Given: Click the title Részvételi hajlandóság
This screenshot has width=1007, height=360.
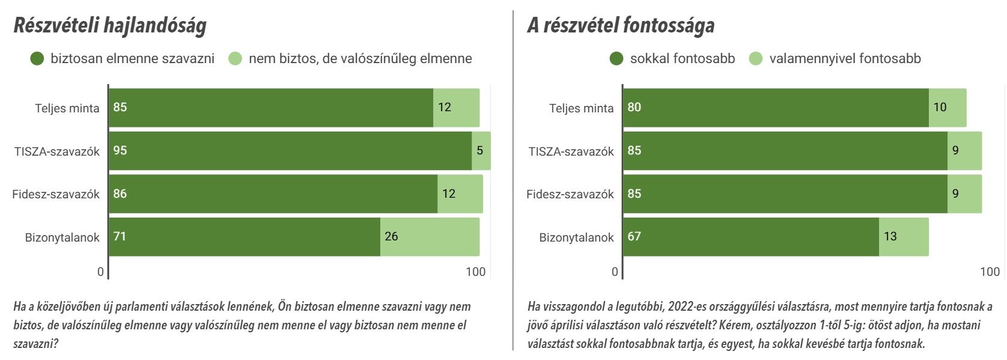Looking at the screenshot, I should (110, 26).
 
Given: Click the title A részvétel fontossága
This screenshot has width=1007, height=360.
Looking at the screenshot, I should (621, 26).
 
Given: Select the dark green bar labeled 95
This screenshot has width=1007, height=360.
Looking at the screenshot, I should (288, 151).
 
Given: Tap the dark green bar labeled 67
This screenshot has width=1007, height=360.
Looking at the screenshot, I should (751, 237).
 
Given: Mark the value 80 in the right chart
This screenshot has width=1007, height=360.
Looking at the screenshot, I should (634, 108).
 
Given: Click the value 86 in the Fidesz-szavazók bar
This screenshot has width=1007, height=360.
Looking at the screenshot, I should (120, 194).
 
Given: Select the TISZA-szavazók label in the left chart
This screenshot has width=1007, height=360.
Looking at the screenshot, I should (57, 151).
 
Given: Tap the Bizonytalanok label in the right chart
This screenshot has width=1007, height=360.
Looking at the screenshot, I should (576, 237).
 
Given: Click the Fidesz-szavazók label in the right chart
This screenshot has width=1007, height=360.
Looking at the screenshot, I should (570, 194).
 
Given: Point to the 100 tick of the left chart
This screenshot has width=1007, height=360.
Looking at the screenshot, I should (475, 272).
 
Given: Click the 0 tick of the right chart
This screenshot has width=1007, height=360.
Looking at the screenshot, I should (615, 272).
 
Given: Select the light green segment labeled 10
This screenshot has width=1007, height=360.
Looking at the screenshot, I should (948, 108).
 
